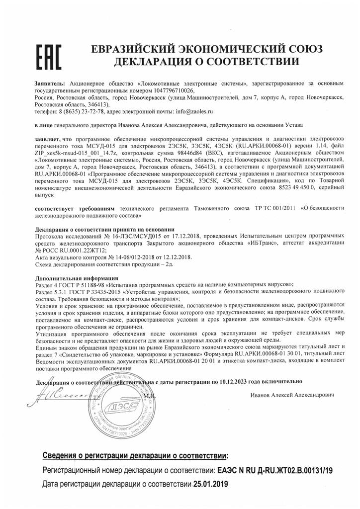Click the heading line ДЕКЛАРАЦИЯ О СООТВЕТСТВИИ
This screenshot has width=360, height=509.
(x=206, y=63)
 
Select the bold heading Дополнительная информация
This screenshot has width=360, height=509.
(x=77, y=275)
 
